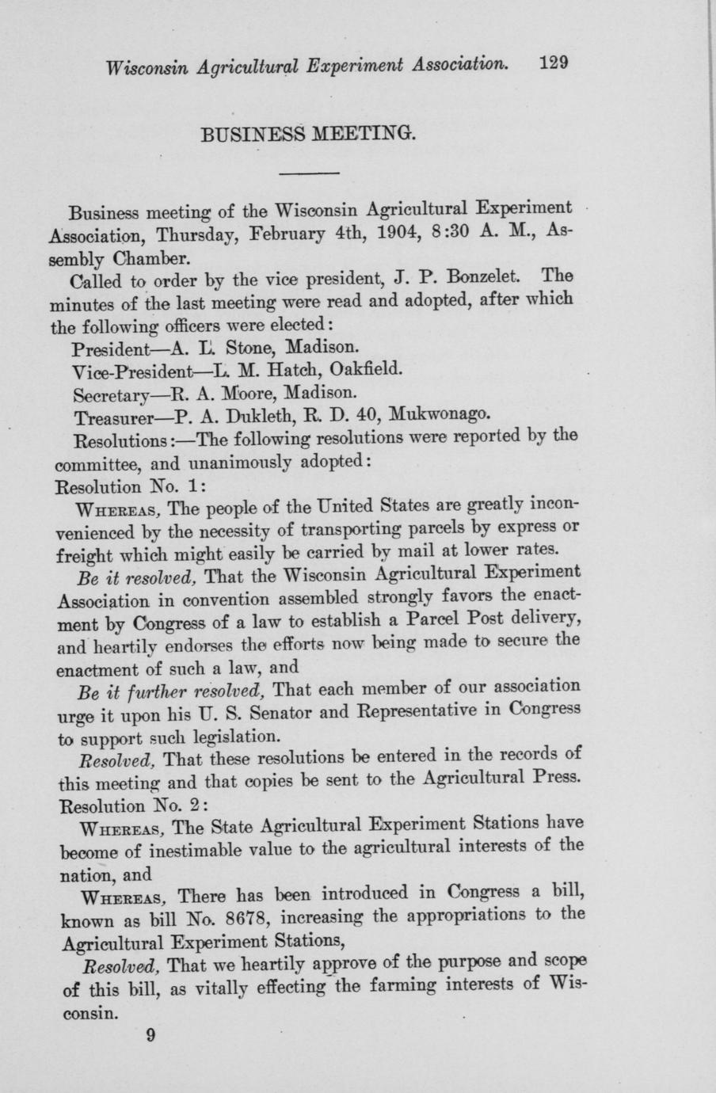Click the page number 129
pos(554,64)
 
